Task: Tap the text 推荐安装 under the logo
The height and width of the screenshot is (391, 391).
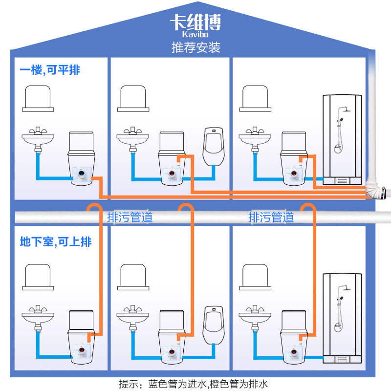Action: point(195,47)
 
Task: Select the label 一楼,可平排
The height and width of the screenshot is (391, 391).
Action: point(50,70)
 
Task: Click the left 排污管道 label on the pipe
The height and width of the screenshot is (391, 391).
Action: point(130,217)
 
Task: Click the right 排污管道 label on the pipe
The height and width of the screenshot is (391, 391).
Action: point(271,217)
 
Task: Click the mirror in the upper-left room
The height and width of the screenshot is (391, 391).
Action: point(38,97)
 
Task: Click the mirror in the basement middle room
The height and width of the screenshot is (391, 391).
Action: point(133,277)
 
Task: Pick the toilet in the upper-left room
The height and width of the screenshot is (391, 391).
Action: point(81,156)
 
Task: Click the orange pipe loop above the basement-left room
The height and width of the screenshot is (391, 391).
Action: point(94,209)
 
